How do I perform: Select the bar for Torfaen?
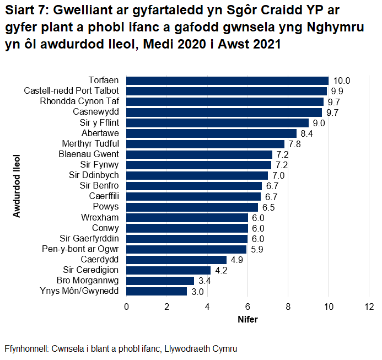[227, 80]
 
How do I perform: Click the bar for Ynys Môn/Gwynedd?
[157, 291]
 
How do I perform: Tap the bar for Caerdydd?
[176, 260]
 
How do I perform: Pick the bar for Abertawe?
[211, 133]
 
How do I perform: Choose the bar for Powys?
[192, 207]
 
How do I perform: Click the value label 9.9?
[337, 91]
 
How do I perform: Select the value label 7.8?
[294, 144]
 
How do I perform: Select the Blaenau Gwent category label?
[89, 154]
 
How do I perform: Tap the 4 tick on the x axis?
[207, 307]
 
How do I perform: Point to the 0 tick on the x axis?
[127, 307]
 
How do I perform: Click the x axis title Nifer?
[248, 319]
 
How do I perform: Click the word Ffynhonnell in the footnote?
[26, 349]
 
